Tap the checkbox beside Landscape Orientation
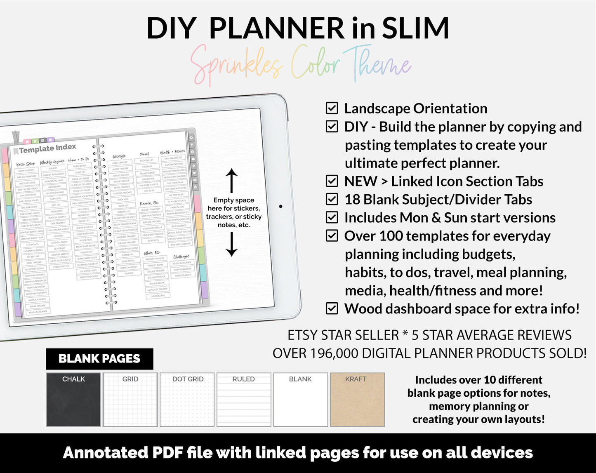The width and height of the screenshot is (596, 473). tap(332, 108)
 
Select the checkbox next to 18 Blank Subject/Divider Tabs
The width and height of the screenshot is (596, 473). tap(332, 199)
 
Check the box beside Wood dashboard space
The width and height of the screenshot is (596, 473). tap(332, 308)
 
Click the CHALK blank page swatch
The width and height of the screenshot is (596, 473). tap(73, 400)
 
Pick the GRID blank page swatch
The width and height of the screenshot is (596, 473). tap(130, 400)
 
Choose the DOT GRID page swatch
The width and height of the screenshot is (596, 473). tap(187, 400)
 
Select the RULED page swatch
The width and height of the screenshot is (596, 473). tap(244, 400)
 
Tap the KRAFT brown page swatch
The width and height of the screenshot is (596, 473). tap(357, 400)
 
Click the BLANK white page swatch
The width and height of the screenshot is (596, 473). tap(301, 400)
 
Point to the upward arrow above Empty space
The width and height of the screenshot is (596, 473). tap(232, 180)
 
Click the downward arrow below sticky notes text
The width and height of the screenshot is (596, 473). tap(232, 244)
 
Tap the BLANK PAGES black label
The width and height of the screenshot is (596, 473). tap(99, 359)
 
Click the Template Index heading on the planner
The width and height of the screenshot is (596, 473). tap(47, 148)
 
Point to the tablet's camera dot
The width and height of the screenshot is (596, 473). tap(280, 206)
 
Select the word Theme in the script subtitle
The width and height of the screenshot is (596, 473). tap(377, 64)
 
